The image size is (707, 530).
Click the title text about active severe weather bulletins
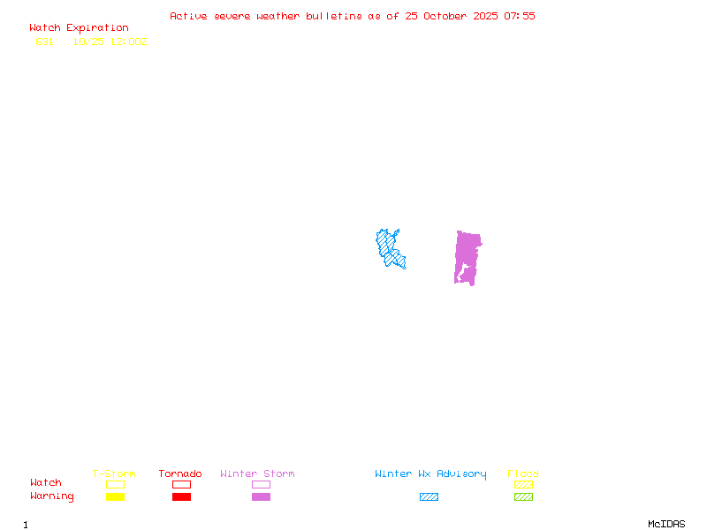coord(352,16)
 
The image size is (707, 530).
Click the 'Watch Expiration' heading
coord(79,28)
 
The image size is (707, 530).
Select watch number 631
coord(44,42)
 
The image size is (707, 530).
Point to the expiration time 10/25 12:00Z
coord(110,42)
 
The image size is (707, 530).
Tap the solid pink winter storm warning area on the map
coord(467,256)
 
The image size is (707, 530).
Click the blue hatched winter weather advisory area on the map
coord(389,247)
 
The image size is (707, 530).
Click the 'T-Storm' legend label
coord(114,474)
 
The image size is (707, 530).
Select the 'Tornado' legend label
coord(180,474)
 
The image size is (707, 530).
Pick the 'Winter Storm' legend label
coord(257,474)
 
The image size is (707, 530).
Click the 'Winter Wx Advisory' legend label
coord(430,474)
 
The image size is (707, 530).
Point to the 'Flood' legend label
coord(523,474)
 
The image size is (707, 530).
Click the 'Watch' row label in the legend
coord(46,483)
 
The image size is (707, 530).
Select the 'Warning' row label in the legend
coord(52,496)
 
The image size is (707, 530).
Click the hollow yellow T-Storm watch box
coord(115,484)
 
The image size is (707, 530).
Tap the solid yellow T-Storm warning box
coord(115,496)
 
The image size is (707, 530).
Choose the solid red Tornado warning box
coord(181,496)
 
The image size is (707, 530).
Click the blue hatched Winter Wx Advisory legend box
coord(429,496)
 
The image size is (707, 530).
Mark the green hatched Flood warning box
coord(523,496)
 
